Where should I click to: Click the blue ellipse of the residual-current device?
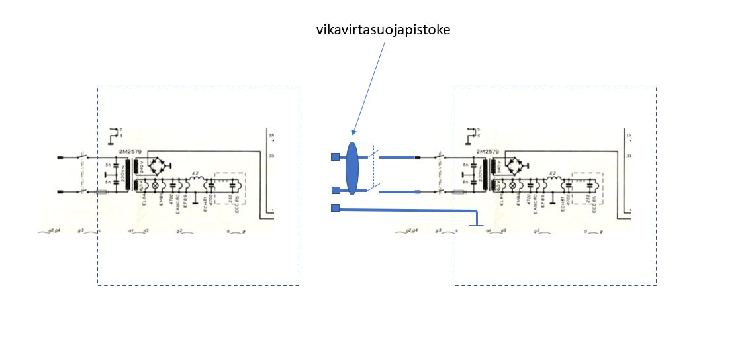click(351, 169)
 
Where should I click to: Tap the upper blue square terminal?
click(335, 157)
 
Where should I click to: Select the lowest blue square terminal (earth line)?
click(335, 208)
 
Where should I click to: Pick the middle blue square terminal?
click(335, 191)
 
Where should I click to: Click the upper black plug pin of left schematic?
click(61, 157)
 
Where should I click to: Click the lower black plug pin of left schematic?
click(61, 192)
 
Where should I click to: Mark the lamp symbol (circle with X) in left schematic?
click(156, 186)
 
